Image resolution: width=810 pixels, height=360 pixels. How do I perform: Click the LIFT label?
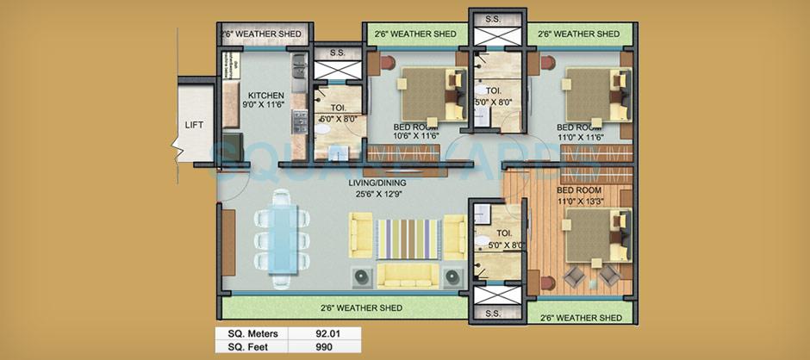coord(194,124)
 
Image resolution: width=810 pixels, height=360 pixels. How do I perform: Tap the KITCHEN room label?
coord(266,96)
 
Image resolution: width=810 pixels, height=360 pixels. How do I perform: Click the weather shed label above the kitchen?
coord(261,34)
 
